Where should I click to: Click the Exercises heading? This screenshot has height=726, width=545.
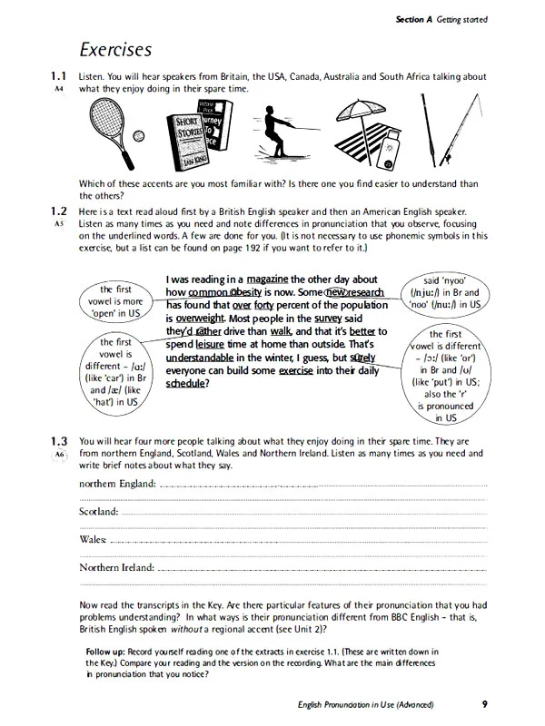point(115,50)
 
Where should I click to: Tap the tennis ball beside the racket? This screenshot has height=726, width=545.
point(139,136)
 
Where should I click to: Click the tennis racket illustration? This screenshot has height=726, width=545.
point(110,132)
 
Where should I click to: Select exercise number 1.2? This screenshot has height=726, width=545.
point(59,211)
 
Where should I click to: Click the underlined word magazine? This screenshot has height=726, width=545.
point(267,280)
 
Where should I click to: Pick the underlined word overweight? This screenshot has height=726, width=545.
point(200,319)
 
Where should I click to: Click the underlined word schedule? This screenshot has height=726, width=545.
point(185,383)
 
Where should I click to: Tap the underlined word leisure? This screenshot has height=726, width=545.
point(210,345)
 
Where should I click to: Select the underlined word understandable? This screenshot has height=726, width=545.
point(200,358)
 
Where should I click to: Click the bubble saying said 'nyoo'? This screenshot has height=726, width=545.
point(445,292)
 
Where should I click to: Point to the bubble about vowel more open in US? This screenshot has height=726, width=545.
point(116,301)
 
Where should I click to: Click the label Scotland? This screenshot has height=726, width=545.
point(99,512)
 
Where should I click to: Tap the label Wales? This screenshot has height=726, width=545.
point(93,539)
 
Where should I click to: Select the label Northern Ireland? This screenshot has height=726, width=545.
point(117,567)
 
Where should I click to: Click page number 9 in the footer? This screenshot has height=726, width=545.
point(485,704)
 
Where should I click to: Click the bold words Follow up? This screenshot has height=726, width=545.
point(105,652)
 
